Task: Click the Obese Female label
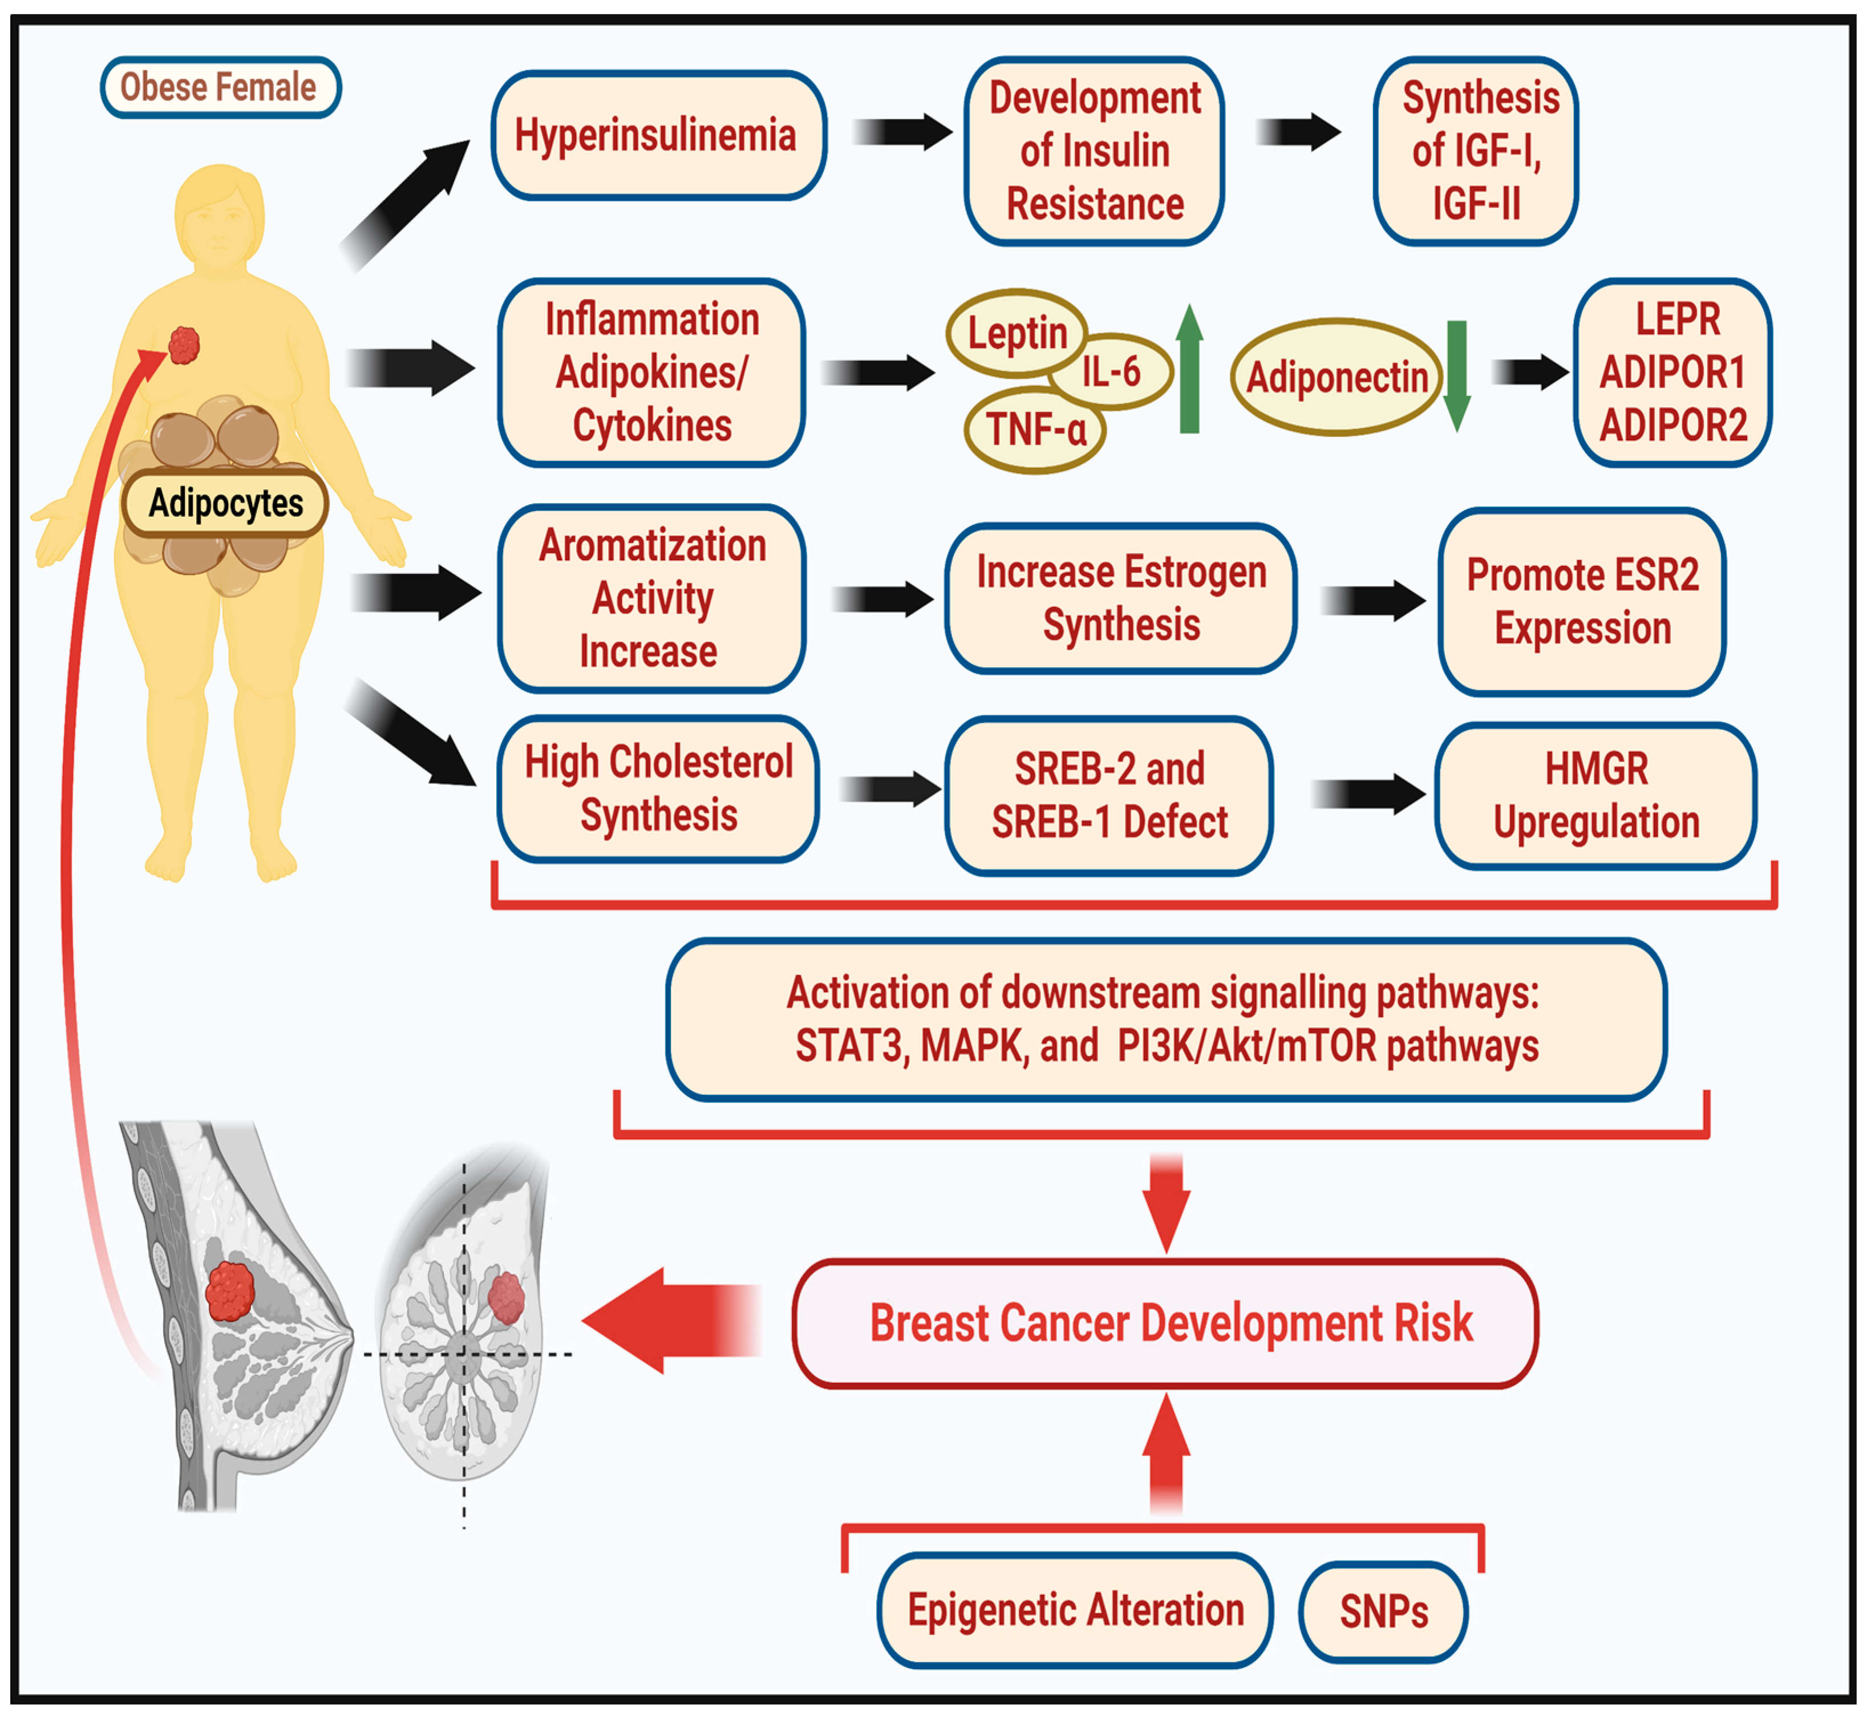coord(220,87)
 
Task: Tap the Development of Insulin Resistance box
coord(1094,151)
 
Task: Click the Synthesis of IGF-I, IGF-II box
coord(1475,151)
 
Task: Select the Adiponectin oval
coord(1337,376)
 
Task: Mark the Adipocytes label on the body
coord(226,503)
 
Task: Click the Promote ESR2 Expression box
coord(1582,601)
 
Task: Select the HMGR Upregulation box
coord(1596,795)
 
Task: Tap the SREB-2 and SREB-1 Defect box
coord(1109,795)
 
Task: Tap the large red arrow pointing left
coord(671,1321)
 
